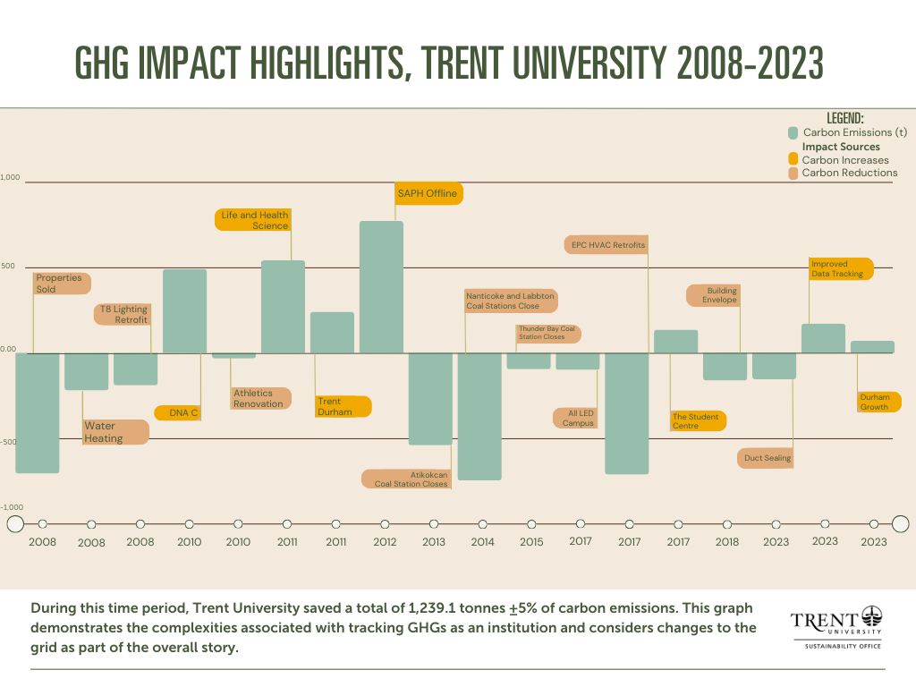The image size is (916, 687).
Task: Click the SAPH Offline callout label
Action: pyautogui.click(x=428, y=194)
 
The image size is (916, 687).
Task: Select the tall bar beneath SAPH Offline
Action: pyautogui.click(x=381, y=286)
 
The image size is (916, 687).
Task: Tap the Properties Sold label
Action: pyautogui.click(x=60, y=284)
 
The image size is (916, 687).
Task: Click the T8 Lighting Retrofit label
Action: pyautogui.click(x=123, y=314)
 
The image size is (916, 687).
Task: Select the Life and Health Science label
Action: pyautogui.click(x=257, y=220)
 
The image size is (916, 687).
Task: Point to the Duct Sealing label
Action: pyautogui.click(x=767, y=458)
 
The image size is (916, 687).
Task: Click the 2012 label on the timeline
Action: pyautogui.click(x=385, y=541)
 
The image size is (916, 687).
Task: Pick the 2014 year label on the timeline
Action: pyautogui.click(x=482, y=542)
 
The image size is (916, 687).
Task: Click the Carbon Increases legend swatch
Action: pyautogui.click(x=793, y=160)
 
